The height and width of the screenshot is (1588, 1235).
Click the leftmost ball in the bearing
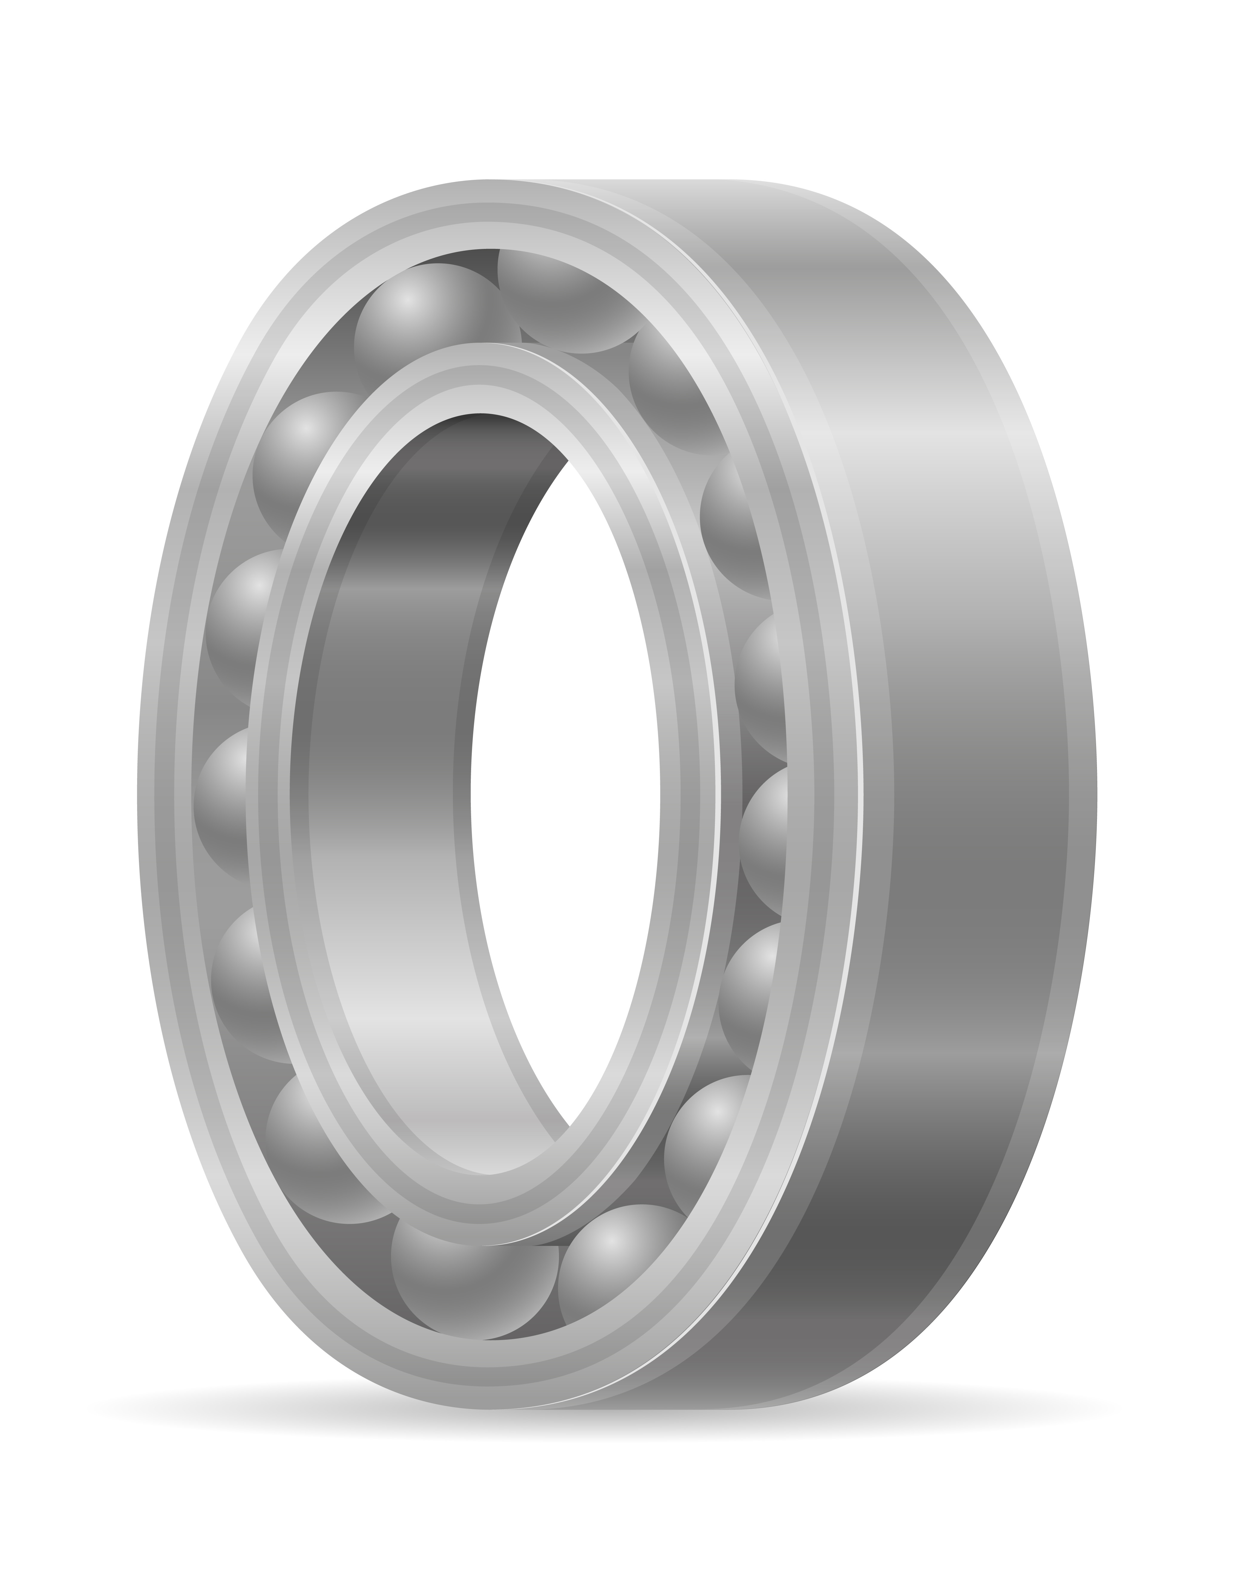click(x=222, y=803)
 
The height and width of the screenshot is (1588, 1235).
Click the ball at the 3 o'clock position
click(x=763, y=836)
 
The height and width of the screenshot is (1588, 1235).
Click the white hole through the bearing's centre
click(x=567, y=800)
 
